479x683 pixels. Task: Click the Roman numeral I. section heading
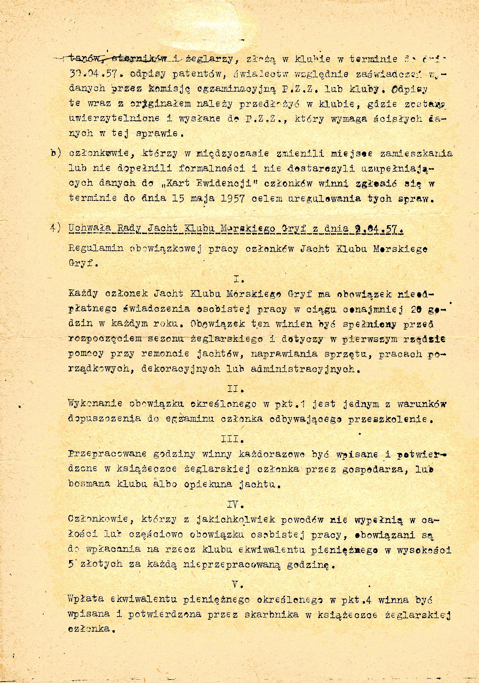point(239,280)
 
